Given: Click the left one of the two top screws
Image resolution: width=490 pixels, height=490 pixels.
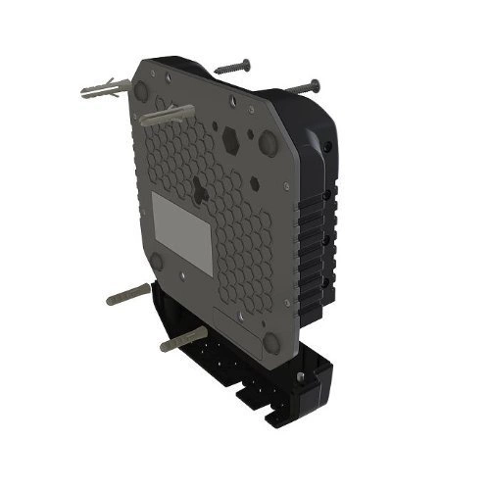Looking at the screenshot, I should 232,68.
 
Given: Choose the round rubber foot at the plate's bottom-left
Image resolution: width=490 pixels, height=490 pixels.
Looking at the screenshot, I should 155,260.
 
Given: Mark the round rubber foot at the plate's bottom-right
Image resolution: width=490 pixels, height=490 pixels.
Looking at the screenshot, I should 270,342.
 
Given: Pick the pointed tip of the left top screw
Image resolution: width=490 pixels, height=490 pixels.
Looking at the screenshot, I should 216,73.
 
